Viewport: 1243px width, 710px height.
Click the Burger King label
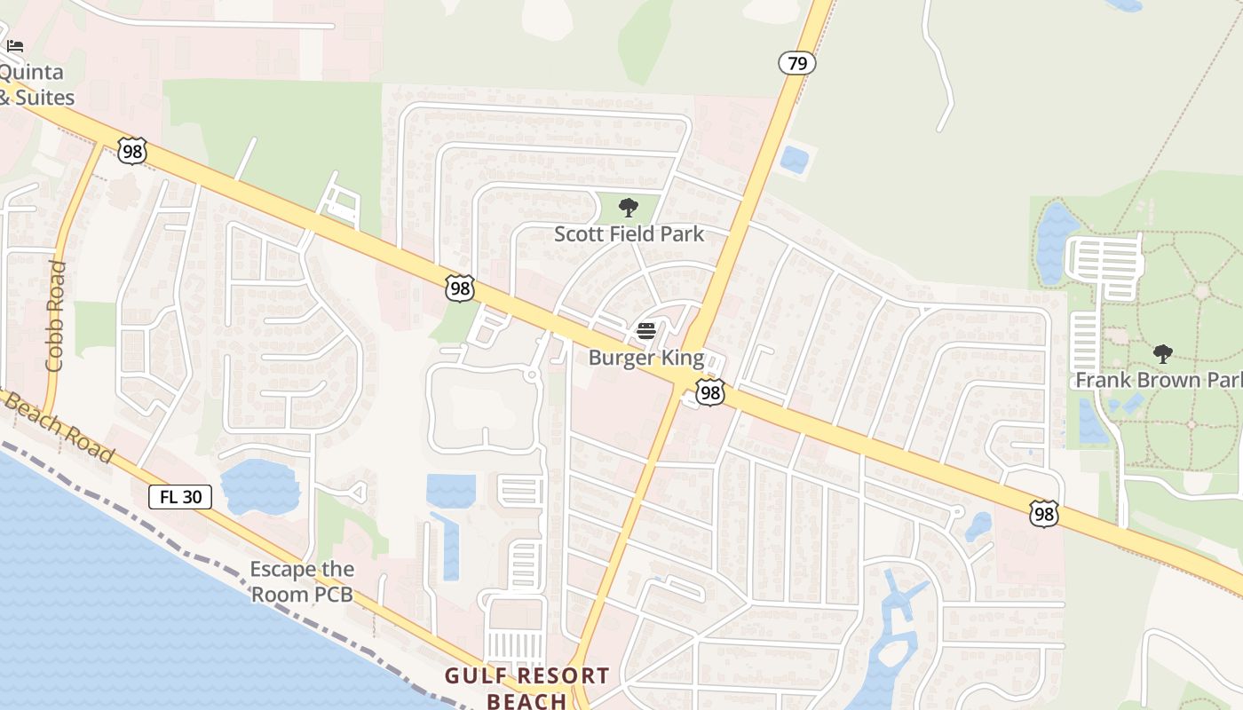tap(646, 359)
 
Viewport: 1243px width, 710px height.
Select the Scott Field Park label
tap(629, 234)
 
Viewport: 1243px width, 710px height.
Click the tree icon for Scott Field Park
tap(629, 209)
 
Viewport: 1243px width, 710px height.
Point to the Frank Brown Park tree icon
tap(1163, 354)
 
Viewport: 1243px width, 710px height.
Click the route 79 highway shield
tap(797, 63)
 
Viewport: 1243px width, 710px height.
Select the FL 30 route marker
tap(180, 497)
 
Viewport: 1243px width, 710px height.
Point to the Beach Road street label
tap(59, 427)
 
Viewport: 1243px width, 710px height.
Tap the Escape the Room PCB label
tap(302, 581)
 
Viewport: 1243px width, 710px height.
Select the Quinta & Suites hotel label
tap(36, 84)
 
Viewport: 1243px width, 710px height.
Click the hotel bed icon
tap(15, 46)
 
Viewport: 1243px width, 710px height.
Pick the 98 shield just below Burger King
tap(710, 392)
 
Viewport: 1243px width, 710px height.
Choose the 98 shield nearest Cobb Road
tap(131, 151)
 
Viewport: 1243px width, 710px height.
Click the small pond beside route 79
tap(794, 160)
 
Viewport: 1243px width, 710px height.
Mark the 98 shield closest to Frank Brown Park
tap(1044, 513)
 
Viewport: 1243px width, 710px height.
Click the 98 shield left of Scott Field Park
tap(460, 288)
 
